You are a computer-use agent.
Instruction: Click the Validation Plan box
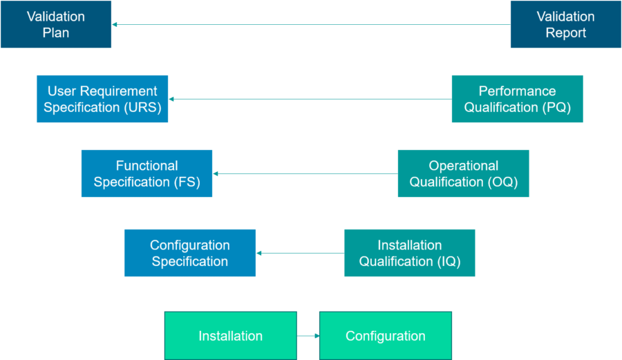(56, 25)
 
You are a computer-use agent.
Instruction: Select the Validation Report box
(565, 25)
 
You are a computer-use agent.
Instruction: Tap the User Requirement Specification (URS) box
(102, 99)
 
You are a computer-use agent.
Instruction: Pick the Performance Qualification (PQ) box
(517, 99)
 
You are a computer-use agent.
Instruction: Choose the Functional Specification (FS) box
(147, 173)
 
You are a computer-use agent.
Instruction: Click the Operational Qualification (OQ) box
(463, 173)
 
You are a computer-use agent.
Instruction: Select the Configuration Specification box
(190, 253)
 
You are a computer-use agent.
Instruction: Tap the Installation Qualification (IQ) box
(409, 253)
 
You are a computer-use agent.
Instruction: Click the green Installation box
(230, 336)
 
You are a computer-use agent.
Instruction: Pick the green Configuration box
(385, 336)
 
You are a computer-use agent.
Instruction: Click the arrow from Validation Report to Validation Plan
(311, 24)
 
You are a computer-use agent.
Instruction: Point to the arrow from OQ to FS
(305, 173)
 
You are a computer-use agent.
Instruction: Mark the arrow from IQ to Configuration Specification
(300, 253)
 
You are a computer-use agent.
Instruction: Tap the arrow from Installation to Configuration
(308, 336)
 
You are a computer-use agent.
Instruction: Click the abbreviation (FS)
(183, 182)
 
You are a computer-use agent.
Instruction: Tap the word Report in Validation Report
(565, 33)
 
